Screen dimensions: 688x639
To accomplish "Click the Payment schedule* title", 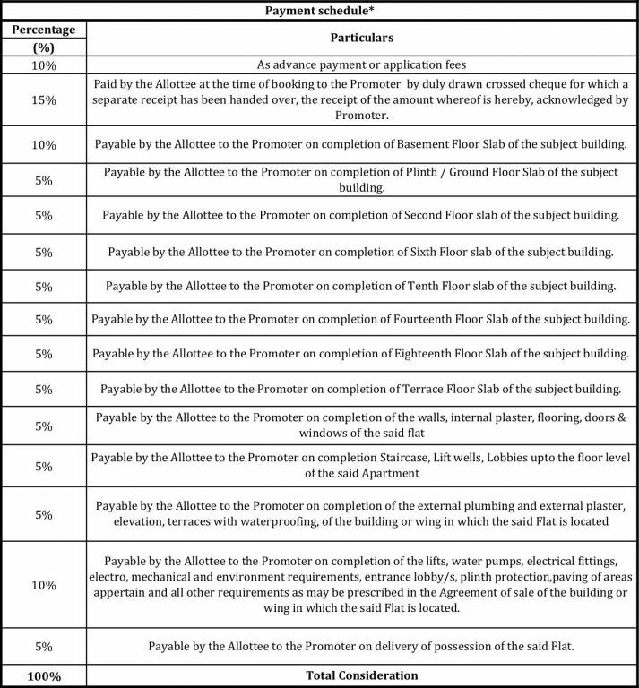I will pos(318,10).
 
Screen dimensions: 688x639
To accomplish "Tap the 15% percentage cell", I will pos(44,100).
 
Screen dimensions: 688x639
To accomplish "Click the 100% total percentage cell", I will pos(44,675).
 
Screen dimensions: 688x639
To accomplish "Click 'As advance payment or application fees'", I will pos(361,64).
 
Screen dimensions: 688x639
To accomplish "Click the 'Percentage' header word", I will pos(44,30).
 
